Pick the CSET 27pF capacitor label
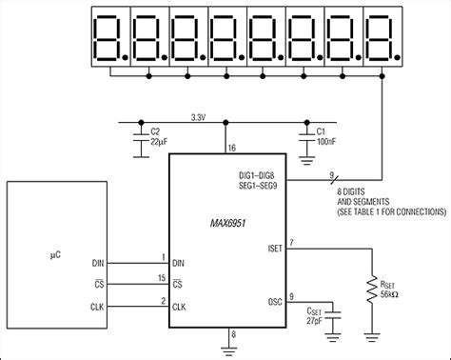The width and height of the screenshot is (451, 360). (x=313, y=316)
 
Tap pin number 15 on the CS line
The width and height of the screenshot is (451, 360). (x=161, y=277)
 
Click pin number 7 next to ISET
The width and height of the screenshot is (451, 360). (x=291, y=244)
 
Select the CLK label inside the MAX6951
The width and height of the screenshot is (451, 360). (x=180, y=307)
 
